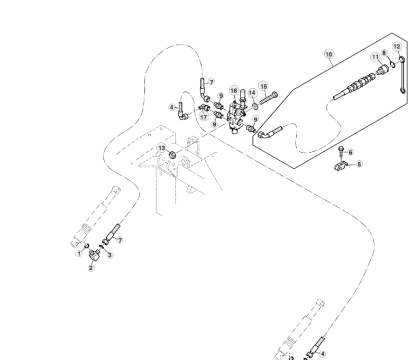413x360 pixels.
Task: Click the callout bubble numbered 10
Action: (x=328, y=54)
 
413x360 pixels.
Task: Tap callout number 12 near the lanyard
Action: (x=397, y=47)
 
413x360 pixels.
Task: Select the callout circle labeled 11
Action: (x=375, y=57)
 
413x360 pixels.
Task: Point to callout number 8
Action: (x=384, y=53)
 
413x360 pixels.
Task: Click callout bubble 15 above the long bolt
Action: (x=263, y=86)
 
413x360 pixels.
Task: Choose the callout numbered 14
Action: (x=252, y=92)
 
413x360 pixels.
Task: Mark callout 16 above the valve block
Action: (x=233, y=91)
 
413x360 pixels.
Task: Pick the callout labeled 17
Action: (x=204, y=117)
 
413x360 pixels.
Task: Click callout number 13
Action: (x=162, y=148)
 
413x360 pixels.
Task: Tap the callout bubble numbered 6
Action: (x=350, y=152)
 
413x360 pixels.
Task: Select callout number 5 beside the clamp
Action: (x=359, y=164)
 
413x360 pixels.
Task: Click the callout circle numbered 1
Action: (x=79, y=254)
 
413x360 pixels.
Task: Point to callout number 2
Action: (x=91, y=268)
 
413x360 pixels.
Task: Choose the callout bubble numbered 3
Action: (x=110, y=255)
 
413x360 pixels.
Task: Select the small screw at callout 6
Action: (x=341, y=152)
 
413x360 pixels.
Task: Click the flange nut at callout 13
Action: (x=172, y=155)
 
